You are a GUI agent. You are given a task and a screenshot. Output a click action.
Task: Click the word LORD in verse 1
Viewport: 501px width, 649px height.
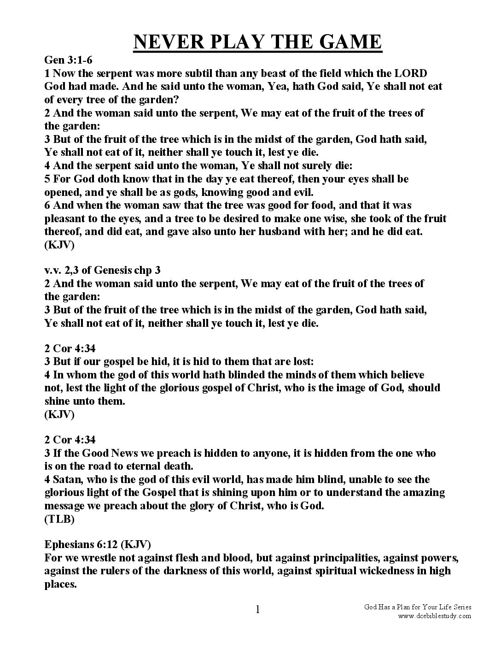[x=411, y=73]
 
